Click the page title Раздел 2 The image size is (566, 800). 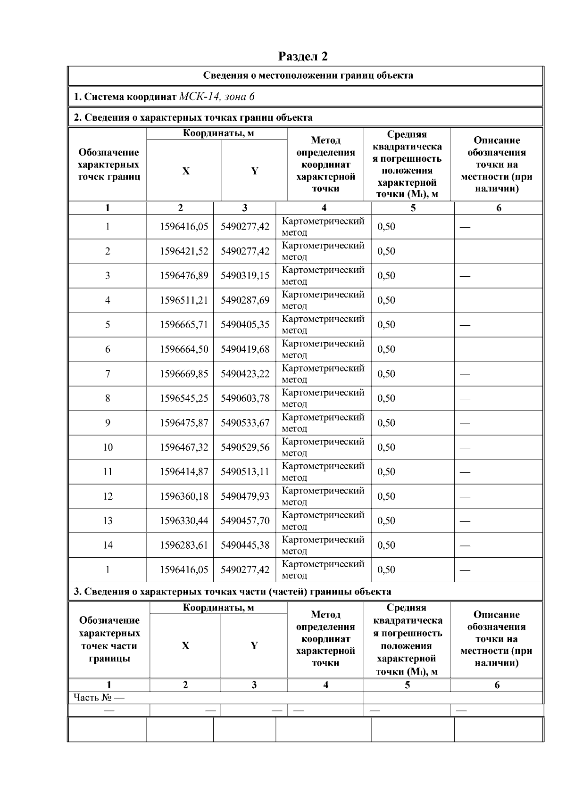point(303,57)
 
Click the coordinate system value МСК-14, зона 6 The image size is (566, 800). point(217,97)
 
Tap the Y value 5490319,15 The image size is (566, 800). point(245,276)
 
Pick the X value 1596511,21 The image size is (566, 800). point(183,300)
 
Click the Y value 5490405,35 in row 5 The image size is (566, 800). point(245,325)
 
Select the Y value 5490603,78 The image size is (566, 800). point(245,398)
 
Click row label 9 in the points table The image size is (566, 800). point(108,423)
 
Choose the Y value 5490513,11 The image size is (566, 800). point(245,472)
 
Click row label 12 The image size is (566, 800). point(108,496)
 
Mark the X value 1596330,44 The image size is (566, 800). point(183,521)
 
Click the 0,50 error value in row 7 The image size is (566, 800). point(386,374)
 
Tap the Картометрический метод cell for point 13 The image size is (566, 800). point(323,521)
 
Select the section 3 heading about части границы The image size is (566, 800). point(232,592)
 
